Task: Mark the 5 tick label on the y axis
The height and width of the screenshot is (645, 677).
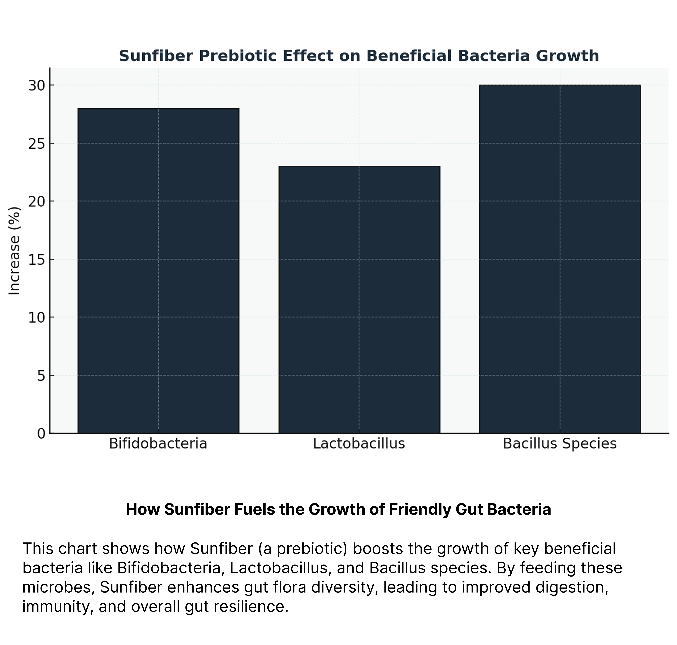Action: click(41, 376)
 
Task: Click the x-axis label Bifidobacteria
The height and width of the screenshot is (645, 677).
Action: click(158, 444)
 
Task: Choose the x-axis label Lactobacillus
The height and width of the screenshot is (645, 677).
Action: click(359, 444)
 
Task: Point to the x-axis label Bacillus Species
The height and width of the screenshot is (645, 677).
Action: click(560, 444)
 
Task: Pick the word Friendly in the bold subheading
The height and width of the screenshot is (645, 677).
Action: click(419, 509)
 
